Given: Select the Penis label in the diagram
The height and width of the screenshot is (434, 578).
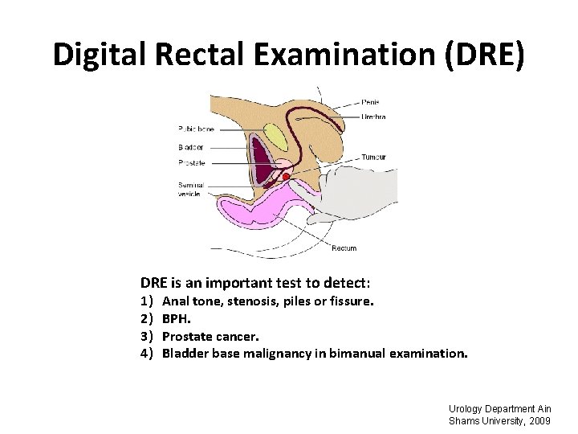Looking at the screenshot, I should (x=371, y=102).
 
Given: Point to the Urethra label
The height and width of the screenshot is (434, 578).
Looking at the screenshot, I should (x=373, y=117).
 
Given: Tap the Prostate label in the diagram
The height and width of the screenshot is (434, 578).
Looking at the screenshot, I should (x=192, y=162).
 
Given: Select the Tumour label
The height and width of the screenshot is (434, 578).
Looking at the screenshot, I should (x=374, y=157).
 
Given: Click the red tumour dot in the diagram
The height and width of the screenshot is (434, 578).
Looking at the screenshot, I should (x=286, y=177).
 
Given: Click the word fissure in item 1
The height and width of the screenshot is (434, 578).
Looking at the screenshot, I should (x=351, y=302).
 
